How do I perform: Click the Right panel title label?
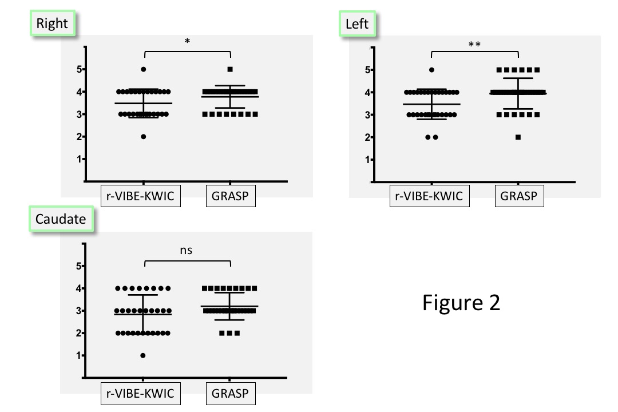[52, 24]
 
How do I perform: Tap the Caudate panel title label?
[61, 220]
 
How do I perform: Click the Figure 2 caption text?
[461, 302]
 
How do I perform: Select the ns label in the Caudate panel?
[187, 250]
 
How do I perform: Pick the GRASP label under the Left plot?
[519, 196]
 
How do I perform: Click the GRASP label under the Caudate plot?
[230, 393]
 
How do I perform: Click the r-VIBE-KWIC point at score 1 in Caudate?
[143, 355]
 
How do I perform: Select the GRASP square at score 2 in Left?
[518, 137]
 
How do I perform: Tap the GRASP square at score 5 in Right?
[230, 69]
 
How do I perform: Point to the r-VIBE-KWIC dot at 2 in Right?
[143, 136]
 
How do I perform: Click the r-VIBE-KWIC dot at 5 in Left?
[432, 70]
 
